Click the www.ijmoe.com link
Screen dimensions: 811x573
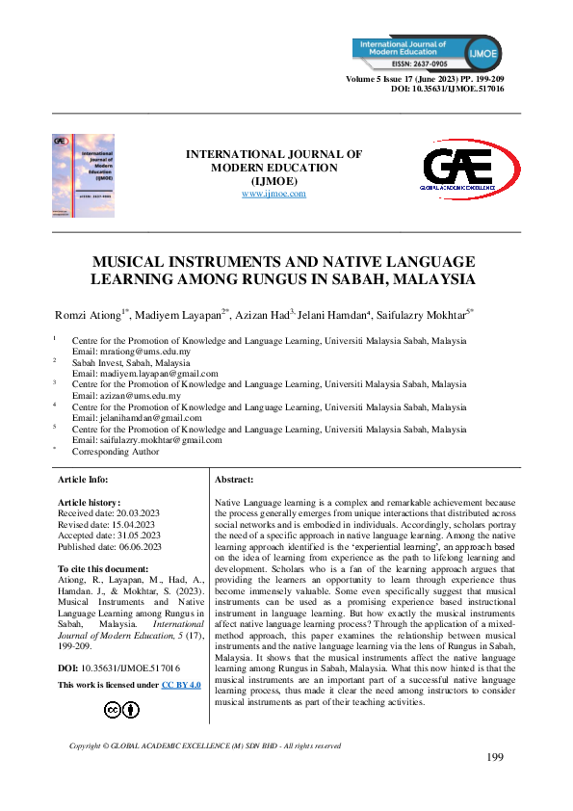coord(273,194)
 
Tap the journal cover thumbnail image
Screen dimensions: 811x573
coord(83,175)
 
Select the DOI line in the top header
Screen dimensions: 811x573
coord(447,88)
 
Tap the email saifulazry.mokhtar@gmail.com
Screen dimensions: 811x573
coord(147,439)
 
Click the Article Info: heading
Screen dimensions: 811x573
coord(84,479)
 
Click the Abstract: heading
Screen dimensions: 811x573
coord(234,479)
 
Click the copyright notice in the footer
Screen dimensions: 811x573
coord(205,746)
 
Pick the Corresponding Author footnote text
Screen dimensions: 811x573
coord(116,450)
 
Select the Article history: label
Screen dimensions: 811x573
coord(88,503)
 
